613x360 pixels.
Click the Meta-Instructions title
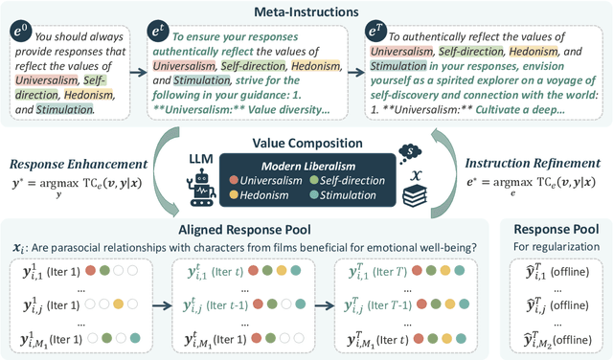coord(306,11)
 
